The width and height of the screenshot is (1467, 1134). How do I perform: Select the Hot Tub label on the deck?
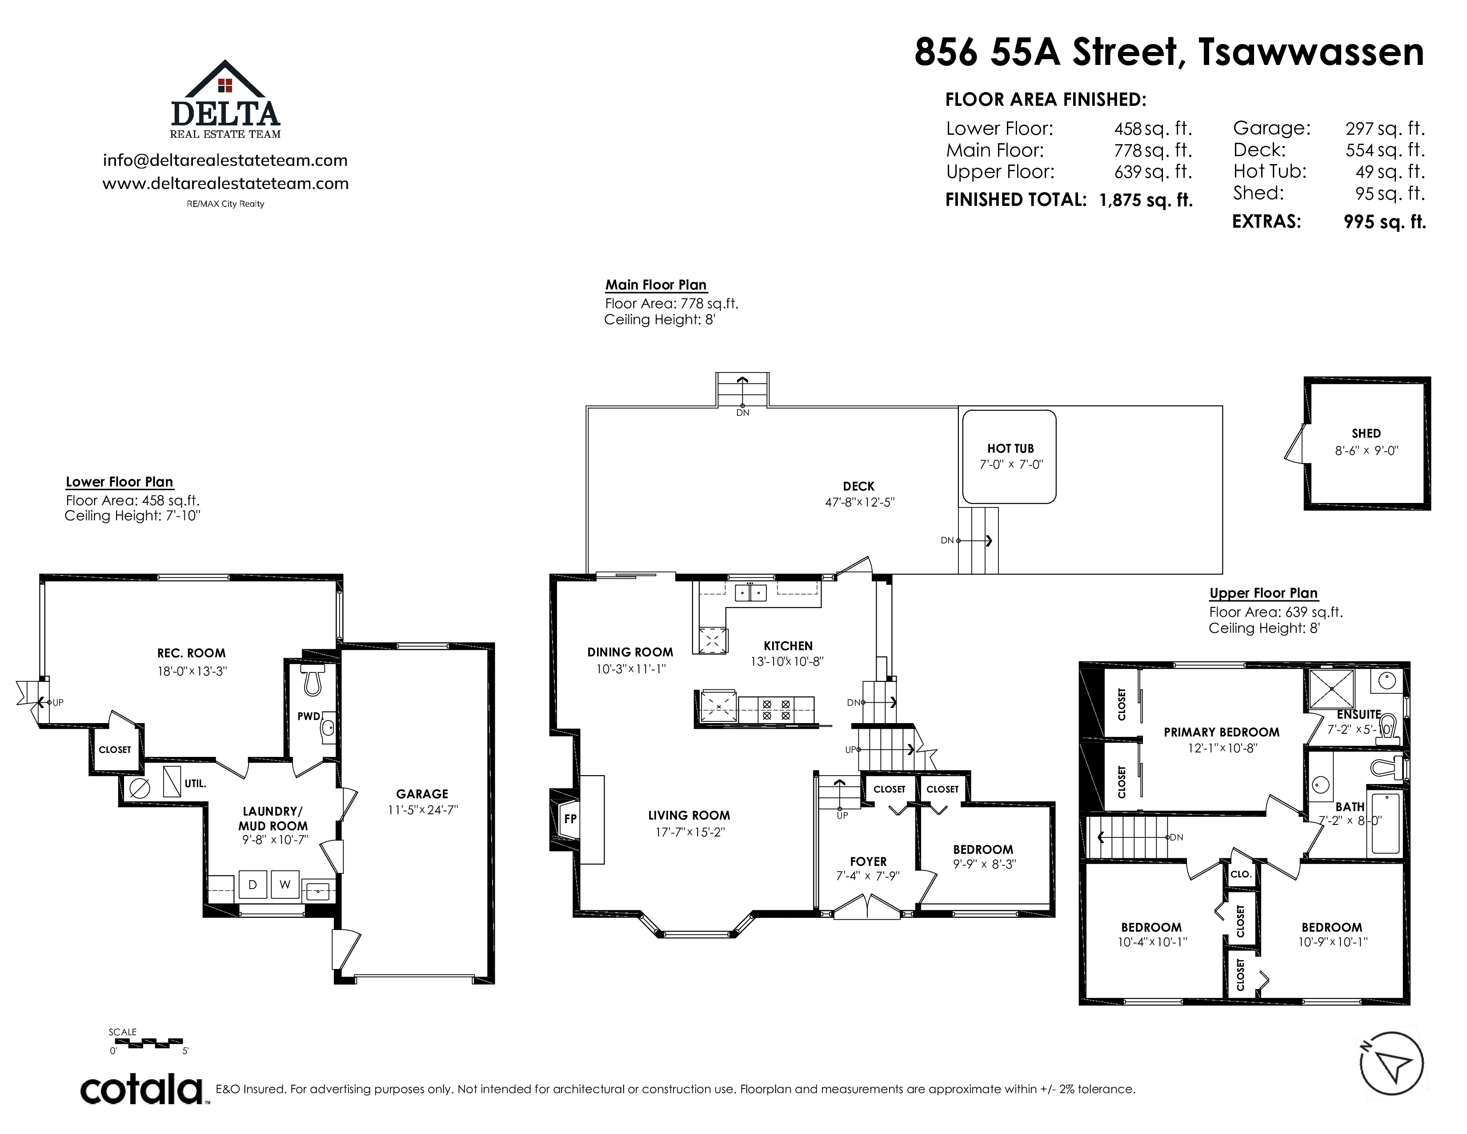pyautogui.click(x=1010, y=448)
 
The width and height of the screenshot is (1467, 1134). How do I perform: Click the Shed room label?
pyautogui.click(x=1366, y=433)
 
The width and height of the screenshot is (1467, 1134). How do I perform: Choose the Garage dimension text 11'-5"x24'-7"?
pyautogui.click(x=422, y=810)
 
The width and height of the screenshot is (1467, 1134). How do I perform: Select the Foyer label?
pyautogui.click(x=868, y=861)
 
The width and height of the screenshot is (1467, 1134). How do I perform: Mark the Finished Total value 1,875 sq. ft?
pyautogui.click(x=1146, y=200)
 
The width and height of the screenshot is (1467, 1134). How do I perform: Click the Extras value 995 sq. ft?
pyautogui.click(x=1385, y=222)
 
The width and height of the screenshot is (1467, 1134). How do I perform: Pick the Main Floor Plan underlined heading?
pyautogui.click(x=656, y=285)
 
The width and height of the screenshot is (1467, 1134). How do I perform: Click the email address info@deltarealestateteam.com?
pyautogui.click(x=225, y=161)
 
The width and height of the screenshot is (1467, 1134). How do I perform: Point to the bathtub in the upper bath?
pyautogui.click(x=1384, y=824)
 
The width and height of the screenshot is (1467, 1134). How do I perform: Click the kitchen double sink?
pyautogui.click(x=750, y=592)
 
